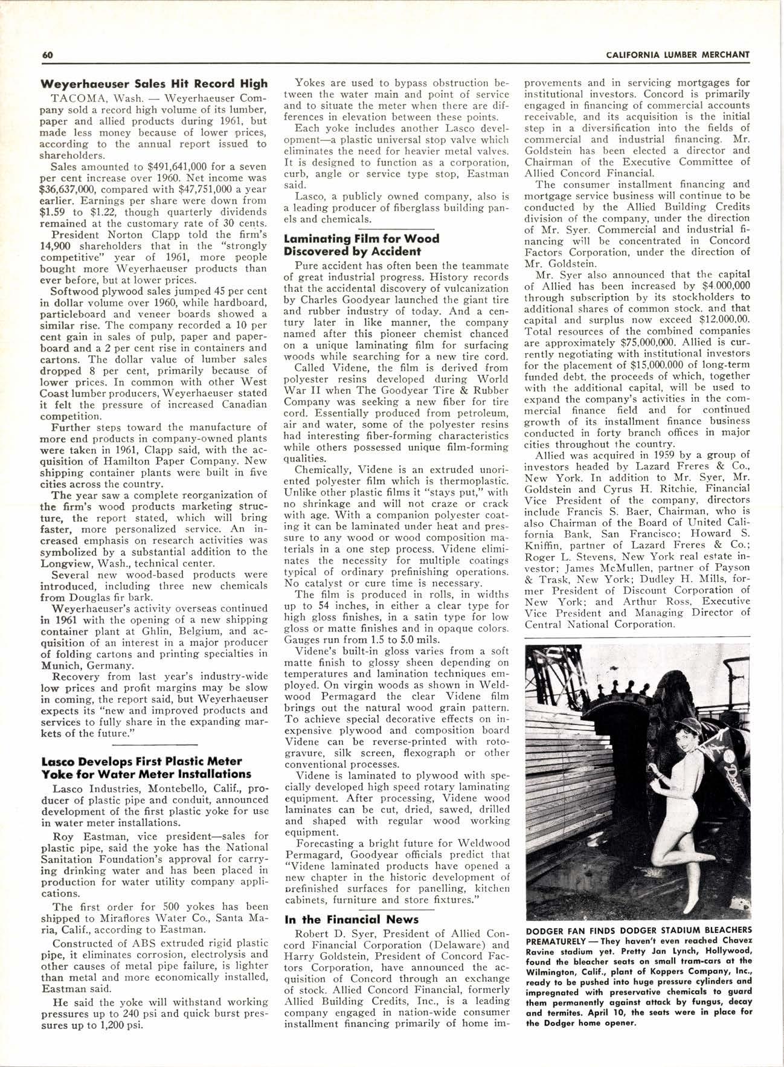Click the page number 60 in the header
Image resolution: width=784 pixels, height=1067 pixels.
tap(48, 55)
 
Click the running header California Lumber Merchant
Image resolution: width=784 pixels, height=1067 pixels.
tap(677, 55)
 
